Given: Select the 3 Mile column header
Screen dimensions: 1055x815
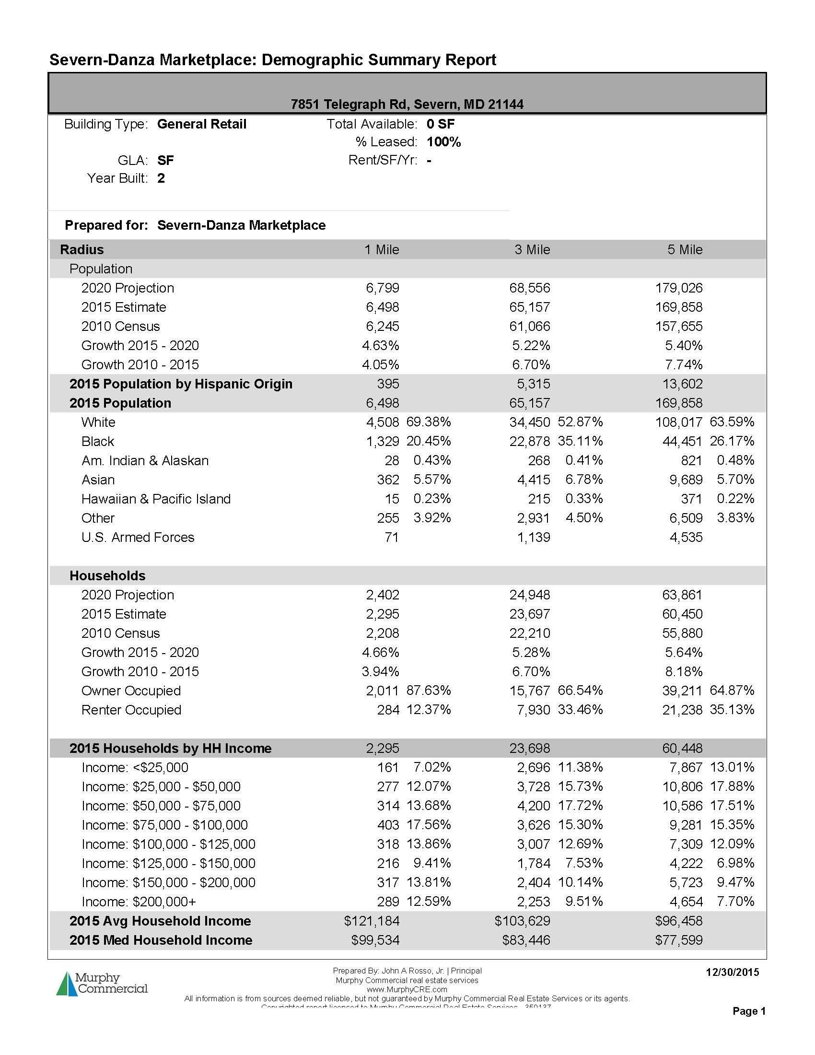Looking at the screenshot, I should click(x=532, y=250).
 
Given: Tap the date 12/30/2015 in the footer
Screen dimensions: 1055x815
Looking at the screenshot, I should click(x=732, y=972).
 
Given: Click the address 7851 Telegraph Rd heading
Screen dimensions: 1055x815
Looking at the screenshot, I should click(x=407, y=105).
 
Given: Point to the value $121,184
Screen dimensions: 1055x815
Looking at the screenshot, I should click(x=372, y=921).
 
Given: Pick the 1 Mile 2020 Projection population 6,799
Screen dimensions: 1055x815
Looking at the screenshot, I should click(x=383, y=288).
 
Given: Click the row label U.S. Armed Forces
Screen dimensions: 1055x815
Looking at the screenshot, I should click(x=138, y=537).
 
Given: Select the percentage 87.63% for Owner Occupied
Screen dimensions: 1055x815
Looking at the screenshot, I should click(x=429, y=691).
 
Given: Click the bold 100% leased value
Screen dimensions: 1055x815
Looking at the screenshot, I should click(x=444, y=142).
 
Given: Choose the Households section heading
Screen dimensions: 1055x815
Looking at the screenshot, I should click(x=107, y=575).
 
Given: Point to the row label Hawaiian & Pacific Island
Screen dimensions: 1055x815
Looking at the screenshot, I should click(x=156, y=499).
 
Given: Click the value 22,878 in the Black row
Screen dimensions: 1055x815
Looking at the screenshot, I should click(x=530, y=442).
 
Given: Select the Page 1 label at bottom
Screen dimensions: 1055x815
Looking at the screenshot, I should click(x=748, y=1010).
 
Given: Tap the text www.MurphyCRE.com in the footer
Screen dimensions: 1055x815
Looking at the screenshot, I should click(x=407, y=989).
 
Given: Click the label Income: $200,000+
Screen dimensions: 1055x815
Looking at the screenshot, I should click(x=139, y=902).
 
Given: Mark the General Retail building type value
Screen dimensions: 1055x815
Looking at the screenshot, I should click(x=202, y=124).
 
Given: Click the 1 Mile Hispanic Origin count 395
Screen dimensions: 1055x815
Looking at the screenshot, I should click(x=388, y=384).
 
